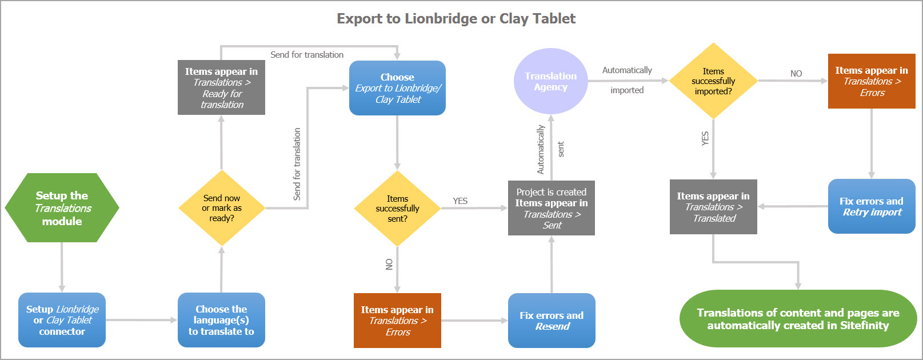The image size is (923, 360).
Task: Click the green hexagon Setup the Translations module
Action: (x=62, y=208)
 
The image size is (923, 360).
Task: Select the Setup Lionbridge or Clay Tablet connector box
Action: (x=62, y=320)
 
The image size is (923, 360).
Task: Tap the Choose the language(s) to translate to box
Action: (x=221, y=320)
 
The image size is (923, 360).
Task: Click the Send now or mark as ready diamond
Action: (x=222, y=208)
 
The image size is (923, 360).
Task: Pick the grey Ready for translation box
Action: (x=221, y=87)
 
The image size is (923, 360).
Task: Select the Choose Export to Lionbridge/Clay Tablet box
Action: (x=397, y=88)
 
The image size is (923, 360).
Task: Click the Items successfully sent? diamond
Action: (x=397, y=208)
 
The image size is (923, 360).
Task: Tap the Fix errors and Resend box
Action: (x=552, y=321)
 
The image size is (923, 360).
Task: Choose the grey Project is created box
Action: (x=552, y=208)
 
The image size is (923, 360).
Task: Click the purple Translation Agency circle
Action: (x=551, y=81)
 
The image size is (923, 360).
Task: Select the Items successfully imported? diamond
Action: (x=713, y=81)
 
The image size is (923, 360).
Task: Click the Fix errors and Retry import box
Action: (x=872, y=206)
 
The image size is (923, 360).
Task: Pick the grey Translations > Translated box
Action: (x=713, y=207)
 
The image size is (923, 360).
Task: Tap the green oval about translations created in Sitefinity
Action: (x=798, y=319)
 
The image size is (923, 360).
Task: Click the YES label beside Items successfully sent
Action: (x=460, y=201)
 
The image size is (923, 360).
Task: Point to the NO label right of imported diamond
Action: (x=796, y=74)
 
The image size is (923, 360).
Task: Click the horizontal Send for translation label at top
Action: (x=307, y=55)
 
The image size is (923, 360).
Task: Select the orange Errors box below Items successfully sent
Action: (x=397, y=321)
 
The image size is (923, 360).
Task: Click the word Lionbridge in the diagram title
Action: (x=441, y=18)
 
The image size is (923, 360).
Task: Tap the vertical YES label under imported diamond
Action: (x=705, y=138)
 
